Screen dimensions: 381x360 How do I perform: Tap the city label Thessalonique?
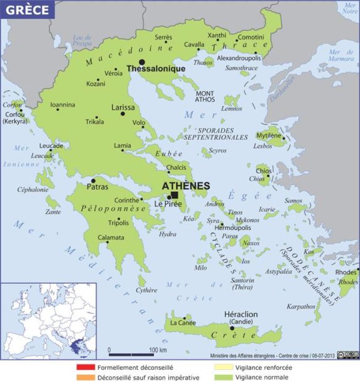pyautogui.click(x=156, y=69)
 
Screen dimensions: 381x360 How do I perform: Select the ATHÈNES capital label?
pyautogui.click(x=186, y=186)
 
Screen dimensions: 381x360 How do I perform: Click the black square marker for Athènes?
pyautogui.click(x=174, y=195)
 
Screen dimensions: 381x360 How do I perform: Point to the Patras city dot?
pyautogui.click(x=93, y=181)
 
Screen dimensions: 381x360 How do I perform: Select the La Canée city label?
pyautogui.click(x=182, y=322)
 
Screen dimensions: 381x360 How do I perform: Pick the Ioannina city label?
pyautogui.click(x=63, y=105)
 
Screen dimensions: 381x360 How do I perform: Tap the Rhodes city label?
pyautogui.click(x=345, y=272)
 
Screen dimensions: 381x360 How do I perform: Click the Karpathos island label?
pyautogui.click(x=301, y=306)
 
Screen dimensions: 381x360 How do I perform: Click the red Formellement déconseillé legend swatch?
pyautogui.click(x=83, y=367)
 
